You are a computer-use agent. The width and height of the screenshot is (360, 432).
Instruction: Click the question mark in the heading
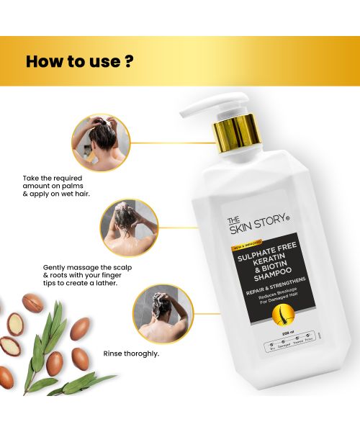pyautogui.click(x=128, y=61)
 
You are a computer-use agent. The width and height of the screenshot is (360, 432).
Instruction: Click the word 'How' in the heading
pyautogui.click(x=45, y=61)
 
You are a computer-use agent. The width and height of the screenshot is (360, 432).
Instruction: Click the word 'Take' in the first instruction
pyautogui.click(x=32, y=177)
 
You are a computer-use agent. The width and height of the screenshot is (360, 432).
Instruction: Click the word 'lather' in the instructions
pyautogui.click(x=105, y=282)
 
